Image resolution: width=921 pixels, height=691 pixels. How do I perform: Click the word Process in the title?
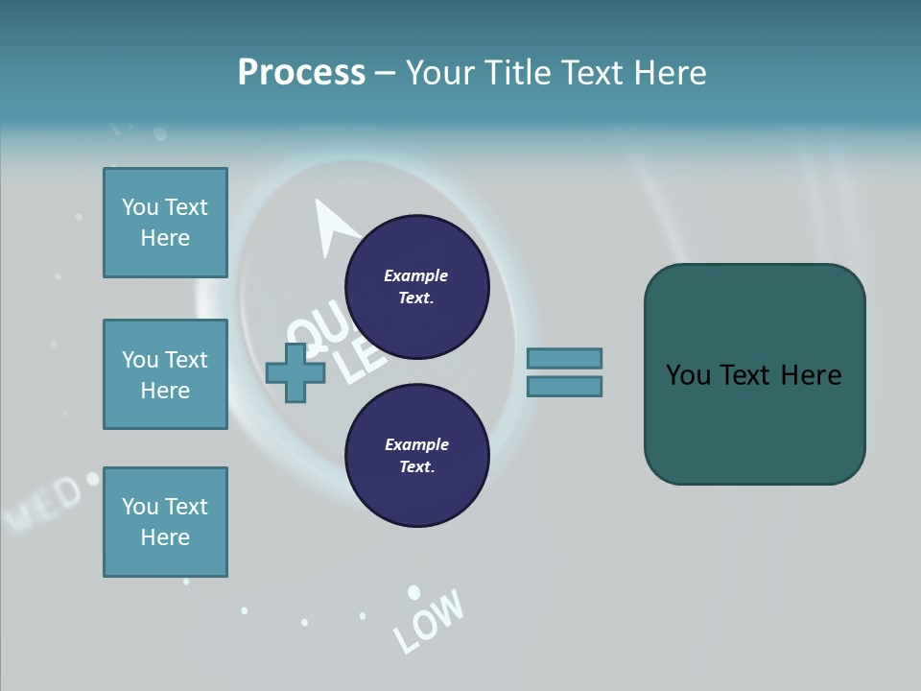[x=301, y=73]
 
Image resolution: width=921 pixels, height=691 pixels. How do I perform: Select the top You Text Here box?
[x=165, y=223]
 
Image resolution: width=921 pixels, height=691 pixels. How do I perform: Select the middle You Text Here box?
[x=165, y=374]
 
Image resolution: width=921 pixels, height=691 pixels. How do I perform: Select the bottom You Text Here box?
[x=165, y=522]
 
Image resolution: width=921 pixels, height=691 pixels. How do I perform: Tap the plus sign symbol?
[x=295, y=372]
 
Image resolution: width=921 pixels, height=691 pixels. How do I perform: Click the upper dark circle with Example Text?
[x=416, y=287]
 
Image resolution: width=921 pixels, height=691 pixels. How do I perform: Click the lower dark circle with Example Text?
[x=416, y=456]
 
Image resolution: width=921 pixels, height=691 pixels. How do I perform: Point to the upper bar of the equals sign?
[x=564, y=358]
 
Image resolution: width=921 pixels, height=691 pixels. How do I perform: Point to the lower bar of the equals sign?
[x=564, y=387]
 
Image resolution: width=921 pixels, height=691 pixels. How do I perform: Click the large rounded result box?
[x=754, y=374]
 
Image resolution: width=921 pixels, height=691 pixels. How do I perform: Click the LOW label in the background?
[x=429, y=621]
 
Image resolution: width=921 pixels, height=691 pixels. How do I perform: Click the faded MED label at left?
[x=44, y=502]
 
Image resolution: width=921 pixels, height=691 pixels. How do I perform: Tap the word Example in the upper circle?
[x=416, y=275]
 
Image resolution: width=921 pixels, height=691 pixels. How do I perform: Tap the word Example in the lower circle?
[x=416, y=444]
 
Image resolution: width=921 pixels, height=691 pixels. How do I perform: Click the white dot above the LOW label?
[x=413, y=592]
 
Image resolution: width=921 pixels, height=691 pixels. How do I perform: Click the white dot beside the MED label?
[x=92, y=477]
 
